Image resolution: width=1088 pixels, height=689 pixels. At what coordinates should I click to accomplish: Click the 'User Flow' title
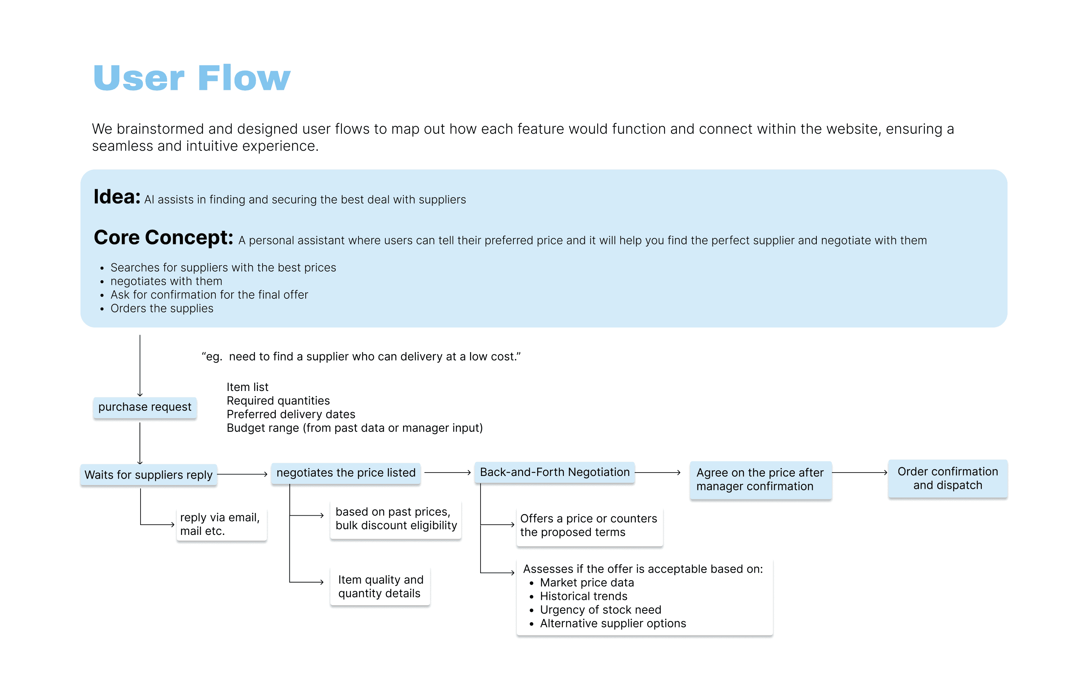coord(192,78)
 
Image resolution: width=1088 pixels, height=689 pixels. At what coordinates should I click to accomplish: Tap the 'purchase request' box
coord(145,407)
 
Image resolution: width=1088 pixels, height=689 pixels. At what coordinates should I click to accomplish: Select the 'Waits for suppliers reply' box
coord(148,475)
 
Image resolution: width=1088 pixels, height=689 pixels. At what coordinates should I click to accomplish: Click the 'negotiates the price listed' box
coord(346,473)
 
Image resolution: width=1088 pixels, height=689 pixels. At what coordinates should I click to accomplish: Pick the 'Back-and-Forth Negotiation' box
coord(555,472)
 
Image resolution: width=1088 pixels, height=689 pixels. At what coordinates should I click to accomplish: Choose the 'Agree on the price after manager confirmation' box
coord(760,479)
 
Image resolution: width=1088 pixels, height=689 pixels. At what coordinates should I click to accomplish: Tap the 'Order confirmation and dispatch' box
coord(947,479)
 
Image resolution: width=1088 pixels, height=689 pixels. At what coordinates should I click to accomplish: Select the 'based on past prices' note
coord(396,519)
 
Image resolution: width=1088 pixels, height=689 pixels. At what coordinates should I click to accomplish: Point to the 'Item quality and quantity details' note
coord(380,586)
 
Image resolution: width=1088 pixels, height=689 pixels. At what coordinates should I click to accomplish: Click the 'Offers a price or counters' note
coord(589,525)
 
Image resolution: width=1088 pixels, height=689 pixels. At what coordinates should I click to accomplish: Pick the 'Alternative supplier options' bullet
coord(613,624)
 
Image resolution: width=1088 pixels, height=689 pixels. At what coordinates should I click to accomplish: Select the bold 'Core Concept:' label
coord(163,238)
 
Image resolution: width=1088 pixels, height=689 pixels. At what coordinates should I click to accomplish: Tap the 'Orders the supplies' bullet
coord(162,309)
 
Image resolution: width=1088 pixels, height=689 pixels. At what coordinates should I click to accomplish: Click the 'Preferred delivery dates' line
coord(291,414)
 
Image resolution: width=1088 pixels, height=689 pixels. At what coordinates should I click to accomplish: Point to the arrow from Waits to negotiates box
coord(243,474)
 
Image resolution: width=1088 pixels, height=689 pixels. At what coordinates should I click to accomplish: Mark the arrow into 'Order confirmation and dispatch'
coord(859,473)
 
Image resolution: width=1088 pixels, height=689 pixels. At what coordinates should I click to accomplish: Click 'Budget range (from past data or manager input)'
coord(354,428)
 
